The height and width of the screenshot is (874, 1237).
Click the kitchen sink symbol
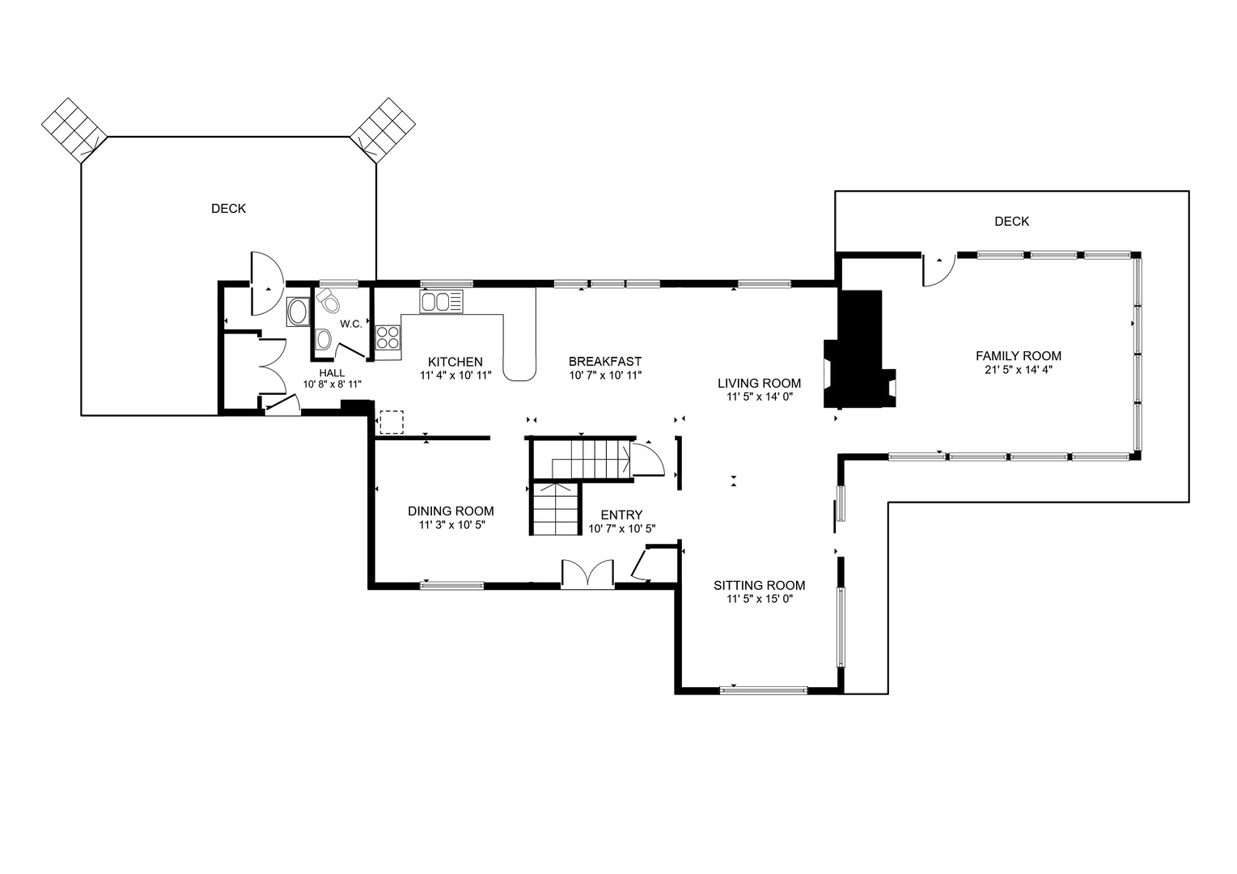click(441, 302)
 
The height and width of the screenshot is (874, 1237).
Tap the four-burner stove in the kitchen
click(388, 337)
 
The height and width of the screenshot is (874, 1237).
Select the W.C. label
click(350, 324)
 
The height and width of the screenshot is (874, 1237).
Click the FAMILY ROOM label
click(1019, 356)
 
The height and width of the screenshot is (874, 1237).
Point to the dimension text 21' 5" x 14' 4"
click(1019, 370)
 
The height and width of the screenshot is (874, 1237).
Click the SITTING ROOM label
click(760, 585)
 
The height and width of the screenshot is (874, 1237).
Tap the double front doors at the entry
click(587, 574)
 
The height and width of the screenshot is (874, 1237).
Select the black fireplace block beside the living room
click(859, 349)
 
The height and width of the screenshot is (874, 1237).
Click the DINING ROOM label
click(451, 511)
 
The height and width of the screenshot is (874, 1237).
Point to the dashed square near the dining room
click(392, 422)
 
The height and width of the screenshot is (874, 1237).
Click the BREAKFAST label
click(605, 361)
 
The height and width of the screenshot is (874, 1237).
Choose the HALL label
click(332, 373)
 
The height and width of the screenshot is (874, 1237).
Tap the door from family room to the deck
click(938, 269)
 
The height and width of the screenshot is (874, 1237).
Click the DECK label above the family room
click(1012, 222)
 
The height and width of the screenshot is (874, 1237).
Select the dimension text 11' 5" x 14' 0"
click(760, 397)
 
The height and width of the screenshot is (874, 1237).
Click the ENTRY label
click(622, 515)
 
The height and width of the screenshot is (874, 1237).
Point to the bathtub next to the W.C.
click(299, 312)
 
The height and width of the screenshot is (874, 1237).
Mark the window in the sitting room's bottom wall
click(763, 690)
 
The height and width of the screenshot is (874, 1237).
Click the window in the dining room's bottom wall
click(451, 586)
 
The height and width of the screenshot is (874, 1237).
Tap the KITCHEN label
click(455, 362)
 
